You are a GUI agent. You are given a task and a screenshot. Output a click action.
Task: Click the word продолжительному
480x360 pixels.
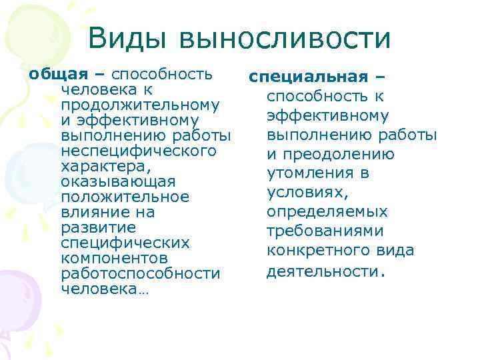click(x=141, y=105)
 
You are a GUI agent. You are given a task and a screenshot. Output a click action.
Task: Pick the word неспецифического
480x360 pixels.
click(x=139, y=151)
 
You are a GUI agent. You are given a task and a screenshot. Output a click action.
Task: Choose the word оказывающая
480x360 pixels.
click(x=118, y=181)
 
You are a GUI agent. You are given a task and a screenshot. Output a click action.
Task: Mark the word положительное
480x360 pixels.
click(x=125, y=197)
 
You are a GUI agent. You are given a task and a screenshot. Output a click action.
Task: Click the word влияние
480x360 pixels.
click(x=98, y=212)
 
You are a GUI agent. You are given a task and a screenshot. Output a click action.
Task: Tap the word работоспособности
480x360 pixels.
click(x=140, y=273)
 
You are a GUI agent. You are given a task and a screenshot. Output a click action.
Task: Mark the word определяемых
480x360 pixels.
click(x=327, y=212)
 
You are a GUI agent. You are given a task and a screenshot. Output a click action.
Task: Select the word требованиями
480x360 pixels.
click(x=325, y=231)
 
